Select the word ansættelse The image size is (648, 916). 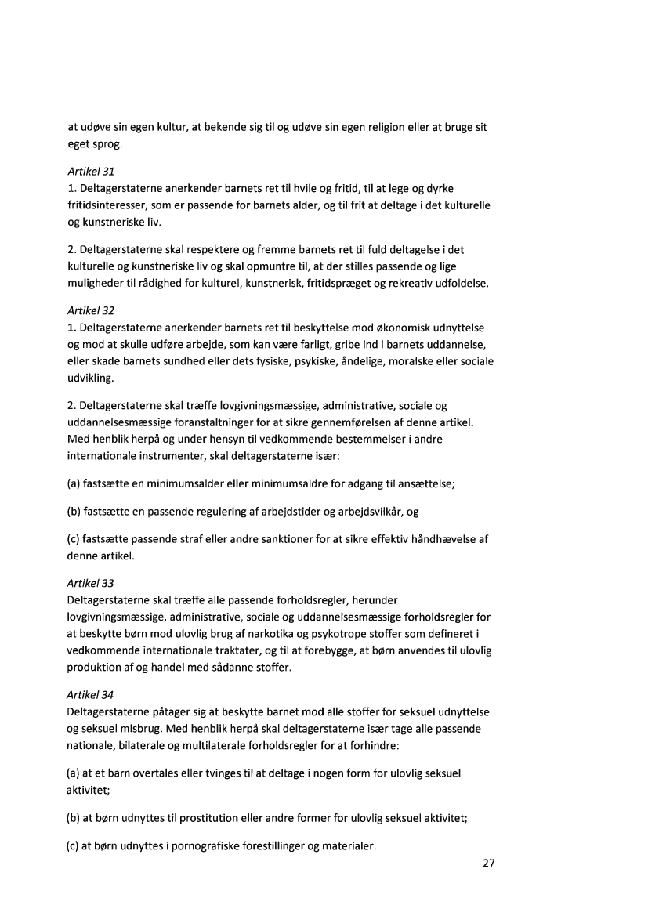tap(426, 483)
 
